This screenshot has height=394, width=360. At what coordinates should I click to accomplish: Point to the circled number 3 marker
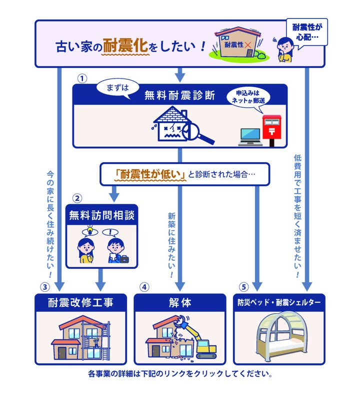click(x=45, y=287)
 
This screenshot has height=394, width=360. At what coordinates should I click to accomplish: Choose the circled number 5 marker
click(x=243, y=287)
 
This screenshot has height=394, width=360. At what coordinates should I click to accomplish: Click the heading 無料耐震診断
click(x=180, y=95)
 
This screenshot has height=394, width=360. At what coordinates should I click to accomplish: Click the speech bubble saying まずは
click(x=117, y=88)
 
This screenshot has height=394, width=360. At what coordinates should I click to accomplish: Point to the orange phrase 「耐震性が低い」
click(x=150, y=174)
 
